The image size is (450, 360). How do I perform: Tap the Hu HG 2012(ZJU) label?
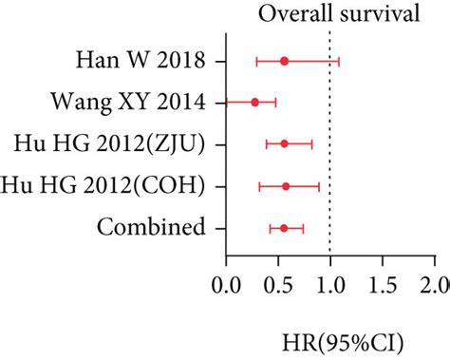click(x=113, y=143)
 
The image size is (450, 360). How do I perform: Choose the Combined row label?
click(x=151, y=227)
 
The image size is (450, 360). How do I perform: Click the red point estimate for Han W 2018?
click(x=284, y=61)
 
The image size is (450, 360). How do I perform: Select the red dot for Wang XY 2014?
click(x=254, y=102)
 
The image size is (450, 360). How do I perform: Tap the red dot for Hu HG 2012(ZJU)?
click(x=284, y=143)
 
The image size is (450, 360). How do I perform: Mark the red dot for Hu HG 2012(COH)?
click(x=286, y=186)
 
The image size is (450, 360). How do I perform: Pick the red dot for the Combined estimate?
click(x=283, y=228)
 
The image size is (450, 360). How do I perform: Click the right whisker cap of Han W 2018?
click(x=339, y=61)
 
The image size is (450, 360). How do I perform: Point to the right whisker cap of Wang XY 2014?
click(x=275, y=102)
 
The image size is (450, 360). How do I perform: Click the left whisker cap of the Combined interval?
click(x=270, y=228)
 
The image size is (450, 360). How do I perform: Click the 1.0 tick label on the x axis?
click(x=329, y=286)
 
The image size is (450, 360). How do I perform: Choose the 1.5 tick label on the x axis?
click(x=382, y=286)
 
